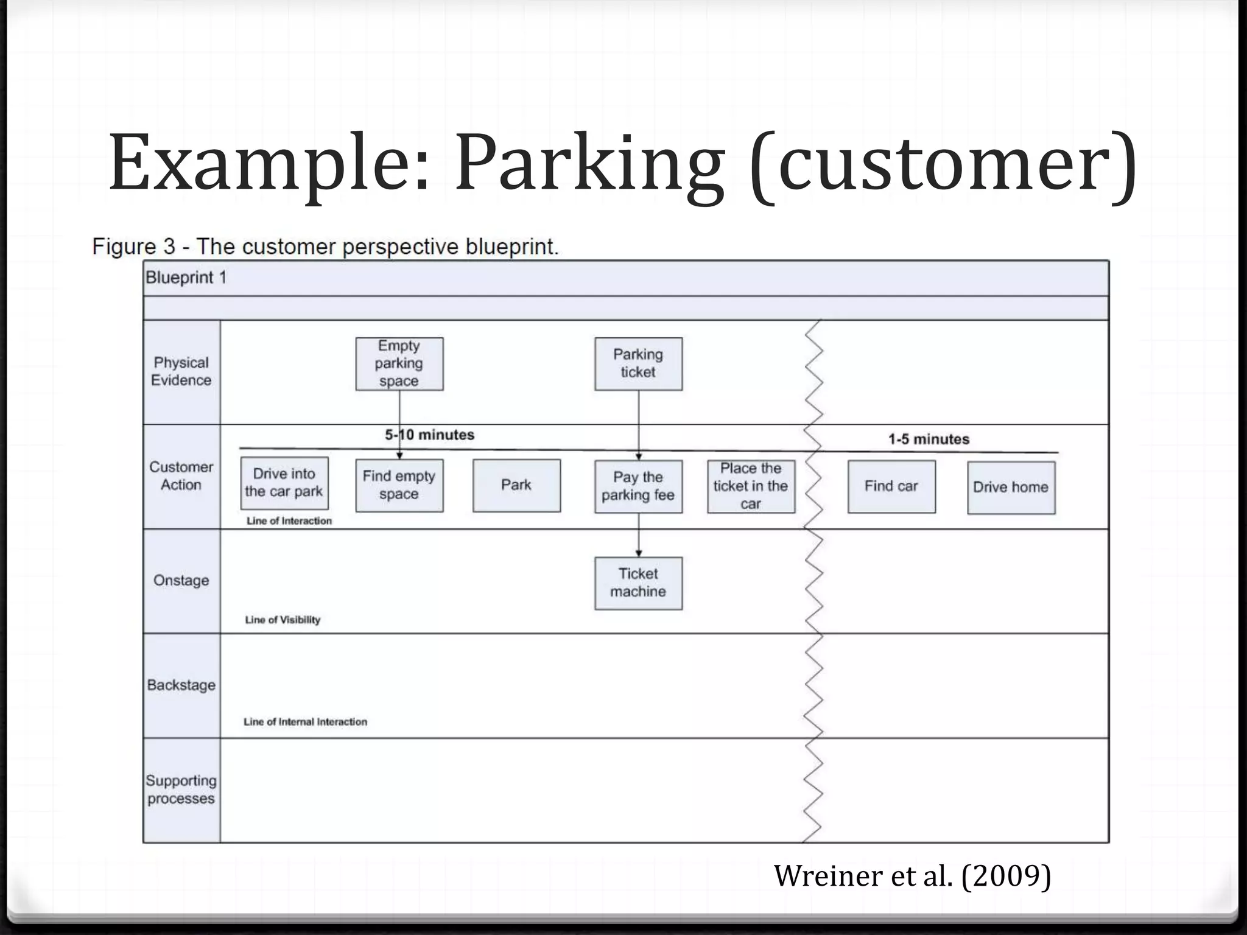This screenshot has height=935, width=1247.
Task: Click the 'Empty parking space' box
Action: click(399, 364)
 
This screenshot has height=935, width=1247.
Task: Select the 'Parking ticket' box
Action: click(638, 364)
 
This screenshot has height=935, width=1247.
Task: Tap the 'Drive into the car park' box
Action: click(284, 483)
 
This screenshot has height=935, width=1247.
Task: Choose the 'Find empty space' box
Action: click(399, 485)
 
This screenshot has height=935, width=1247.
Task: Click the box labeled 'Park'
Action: click(516, 485)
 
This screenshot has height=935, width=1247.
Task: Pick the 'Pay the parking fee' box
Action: click(638, 486)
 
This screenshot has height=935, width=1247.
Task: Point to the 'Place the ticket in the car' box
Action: click(751, 486)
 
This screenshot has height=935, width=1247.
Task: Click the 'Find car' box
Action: click(891, 486)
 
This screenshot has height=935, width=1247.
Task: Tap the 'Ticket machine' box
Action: click(638, 583)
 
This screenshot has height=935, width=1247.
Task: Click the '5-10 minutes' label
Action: click(430, 435)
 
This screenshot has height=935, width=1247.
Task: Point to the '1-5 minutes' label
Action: click(929, 439)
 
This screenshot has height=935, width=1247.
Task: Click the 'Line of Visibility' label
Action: click(283, 620)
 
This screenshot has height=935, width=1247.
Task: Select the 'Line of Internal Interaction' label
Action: click(305, 722)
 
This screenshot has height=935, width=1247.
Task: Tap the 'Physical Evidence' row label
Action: click(181, 371)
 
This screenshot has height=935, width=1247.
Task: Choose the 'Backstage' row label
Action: click(181, 685)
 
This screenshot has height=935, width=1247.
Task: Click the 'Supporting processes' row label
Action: click(181, 790)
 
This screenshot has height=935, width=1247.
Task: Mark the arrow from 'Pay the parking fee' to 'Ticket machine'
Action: click(639, 535)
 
